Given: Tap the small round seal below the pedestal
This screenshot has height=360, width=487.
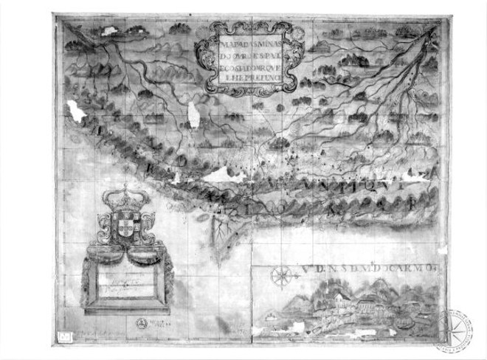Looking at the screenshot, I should (139, 322).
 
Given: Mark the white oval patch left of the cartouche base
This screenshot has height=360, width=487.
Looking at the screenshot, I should (194, 115).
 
